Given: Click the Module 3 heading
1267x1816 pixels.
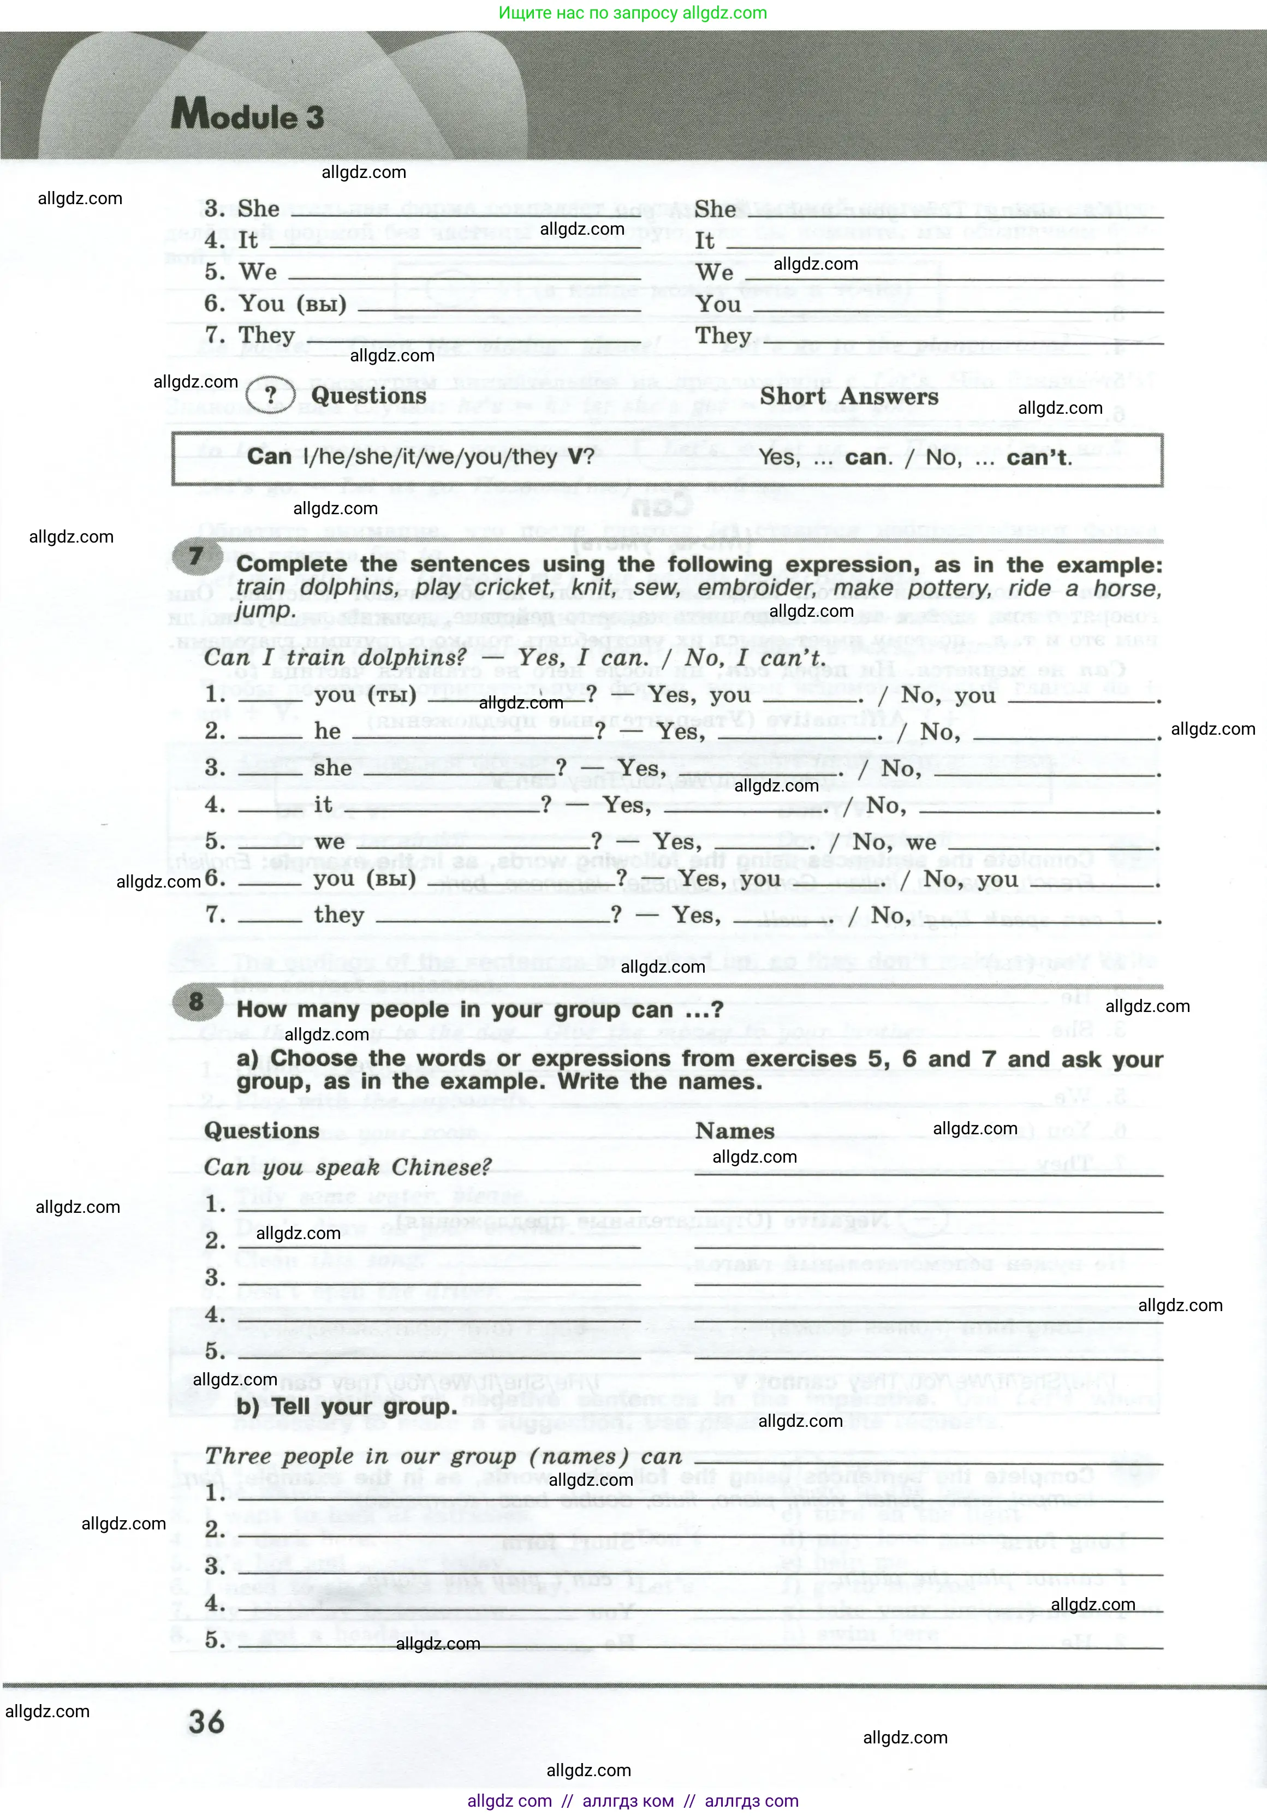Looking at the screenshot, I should (x=247, y=116).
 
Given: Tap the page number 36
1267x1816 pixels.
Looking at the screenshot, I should (x=206, y=1722).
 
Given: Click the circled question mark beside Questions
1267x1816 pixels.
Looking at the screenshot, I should (x=270, y=396).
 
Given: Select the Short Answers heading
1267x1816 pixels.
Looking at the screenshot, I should (x=849, y=396).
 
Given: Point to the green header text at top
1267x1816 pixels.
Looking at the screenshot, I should (x=633, y=13).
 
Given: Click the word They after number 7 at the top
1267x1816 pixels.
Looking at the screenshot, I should (x=266, y=335).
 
